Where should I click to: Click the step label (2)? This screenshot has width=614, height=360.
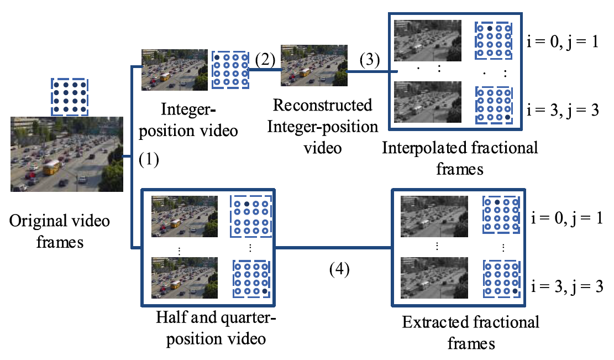(x=266, y=60)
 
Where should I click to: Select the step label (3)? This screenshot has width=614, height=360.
(x=370, y=60)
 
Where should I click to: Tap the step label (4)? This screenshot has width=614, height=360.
(x=339, y=271)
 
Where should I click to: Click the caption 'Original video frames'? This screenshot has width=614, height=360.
(x=60, y=232)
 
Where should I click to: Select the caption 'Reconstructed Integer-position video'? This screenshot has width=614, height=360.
(x=323, y=127)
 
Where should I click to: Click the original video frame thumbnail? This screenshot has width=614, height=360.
(x=67, y=154)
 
